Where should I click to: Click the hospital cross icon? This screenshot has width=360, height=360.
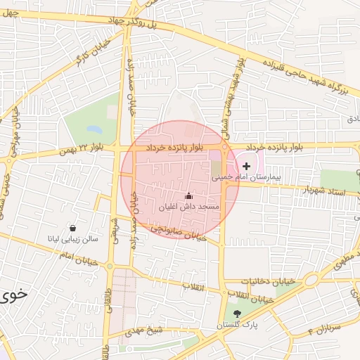coord(245,166)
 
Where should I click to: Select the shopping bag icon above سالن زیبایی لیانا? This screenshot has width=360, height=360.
coord(73,228)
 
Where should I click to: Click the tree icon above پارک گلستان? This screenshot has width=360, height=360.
coord(236,314)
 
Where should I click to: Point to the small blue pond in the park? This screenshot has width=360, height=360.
coord(93,130)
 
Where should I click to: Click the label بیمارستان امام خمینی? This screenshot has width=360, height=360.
coord(247,179)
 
